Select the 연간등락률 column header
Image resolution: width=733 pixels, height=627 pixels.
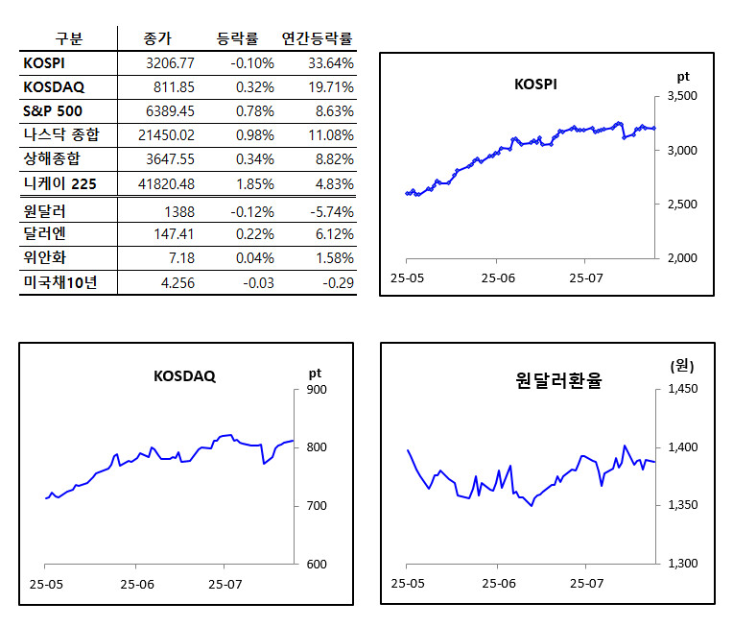pos(318,38)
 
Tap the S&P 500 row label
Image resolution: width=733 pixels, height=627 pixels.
pos(54,110)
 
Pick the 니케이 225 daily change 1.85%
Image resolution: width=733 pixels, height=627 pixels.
pos(254,182)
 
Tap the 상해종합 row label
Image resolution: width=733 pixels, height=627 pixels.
pos(54,158)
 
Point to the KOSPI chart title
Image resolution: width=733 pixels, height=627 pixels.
pos(535,84)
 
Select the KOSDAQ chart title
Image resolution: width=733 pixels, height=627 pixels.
pos(184,376)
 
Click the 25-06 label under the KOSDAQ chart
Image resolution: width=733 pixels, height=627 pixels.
pos(136,584)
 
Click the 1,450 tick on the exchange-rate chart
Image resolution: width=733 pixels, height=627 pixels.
pos(683,390)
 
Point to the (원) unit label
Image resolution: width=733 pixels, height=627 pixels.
pos(681,366)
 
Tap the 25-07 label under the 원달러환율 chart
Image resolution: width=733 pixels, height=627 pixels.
pos(586,584)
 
